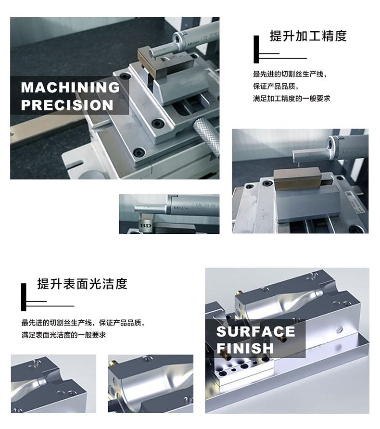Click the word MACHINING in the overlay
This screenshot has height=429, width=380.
click(70, 88)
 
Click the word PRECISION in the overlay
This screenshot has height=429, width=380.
click(67, 105)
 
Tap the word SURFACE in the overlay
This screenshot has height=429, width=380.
click(255, 331)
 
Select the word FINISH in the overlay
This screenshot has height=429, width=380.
click(245, 348)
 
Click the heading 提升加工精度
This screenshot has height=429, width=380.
click(308, 36)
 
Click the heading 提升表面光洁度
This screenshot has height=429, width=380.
click(82, 284)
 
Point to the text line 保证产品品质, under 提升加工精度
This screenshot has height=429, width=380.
click(276, 86)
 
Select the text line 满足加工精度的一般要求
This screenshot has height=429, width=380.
click(291, 99)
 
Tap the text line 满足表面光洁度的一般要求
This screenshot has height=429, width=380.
click(64, 335)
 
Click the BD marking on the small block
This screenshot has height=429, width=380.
click(146, 226)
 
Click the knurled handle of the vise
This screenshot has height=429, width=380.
click(206, 135)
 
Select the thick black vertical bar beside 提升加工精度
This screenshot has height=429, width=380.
click(256, 50)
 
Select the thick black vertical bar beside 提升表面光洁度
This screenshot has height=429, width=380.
click(24, 297)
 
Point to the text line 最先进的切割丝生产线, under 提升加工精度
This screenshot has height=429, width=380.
click(290, 74)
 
